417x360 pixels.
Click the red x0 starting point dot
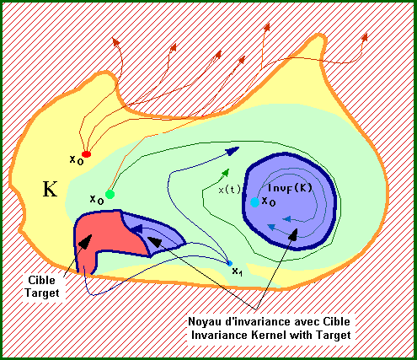coord(86,154)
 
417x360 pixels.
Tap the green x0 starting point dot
coord(110,194)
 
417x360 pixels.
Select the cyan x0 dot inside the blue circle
coord(254,202)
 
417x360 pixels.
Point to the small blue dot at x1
coord(229,263)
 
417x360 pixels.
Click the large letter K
coord(50,189)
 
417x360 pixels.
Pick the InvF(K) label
coord(290,188)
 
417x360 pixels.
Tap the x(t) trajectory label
coord(229,190)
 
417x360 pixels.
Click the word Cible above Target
coord(41,280)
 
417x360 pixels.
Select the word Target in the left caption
coord(42,293)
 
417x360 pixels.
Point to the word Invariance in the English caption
coord(222,335)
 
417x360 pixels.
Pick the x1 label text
coord(238,271)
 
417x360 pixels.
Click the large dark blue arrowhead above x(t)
coord(233,151)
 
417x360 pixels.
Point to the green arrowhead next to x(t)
coord(226,173)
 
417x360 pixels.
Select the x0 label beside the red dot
coord(77,160)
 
